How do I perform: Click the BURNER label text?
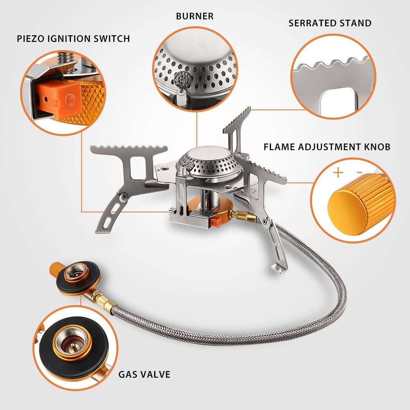click(x=195, y=16)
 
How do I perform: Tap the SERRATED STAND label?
click(x=330, y=23)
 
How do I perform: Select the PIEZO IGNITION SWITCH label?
click(x=73, y=39)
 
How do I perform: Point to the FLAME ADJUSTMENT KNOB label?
click(x=327, y=147)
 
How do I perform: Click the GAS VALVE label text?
click(x=144, y=374)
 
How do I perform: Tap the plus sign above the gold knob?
click(x=338, y=172)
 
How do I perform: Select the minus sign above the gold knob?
click(x=359, y=172)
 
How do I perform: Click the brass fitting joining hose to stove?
click(x=241, y=214)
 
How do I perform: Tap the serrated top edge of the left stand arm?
click(x=130, y=148)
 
